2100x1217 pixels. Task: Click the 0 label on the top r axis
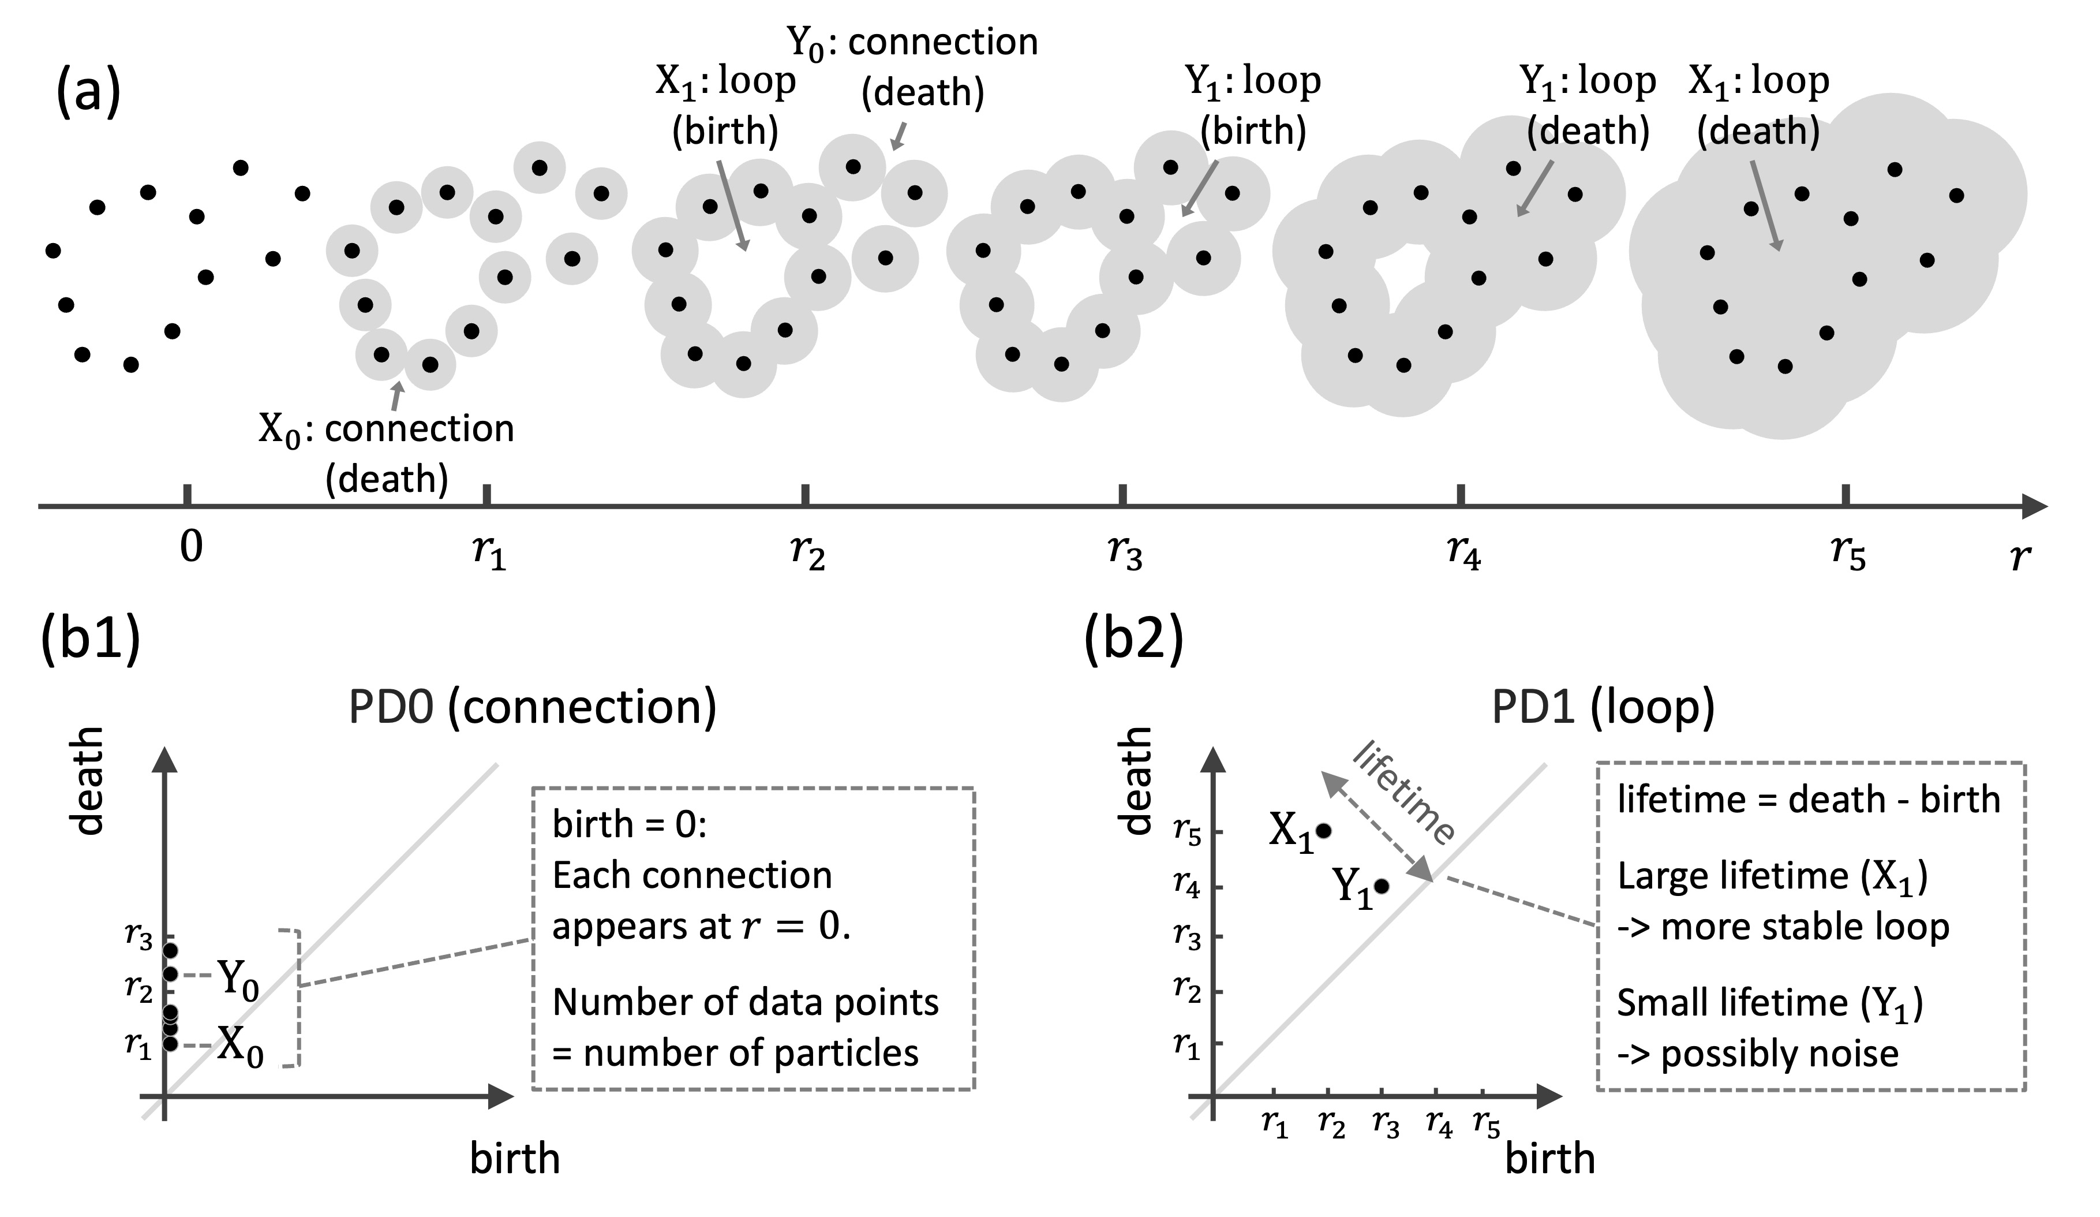(x=192, y=548)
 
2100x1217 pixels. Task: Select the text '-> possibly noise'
(x=1758, y=1054)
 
